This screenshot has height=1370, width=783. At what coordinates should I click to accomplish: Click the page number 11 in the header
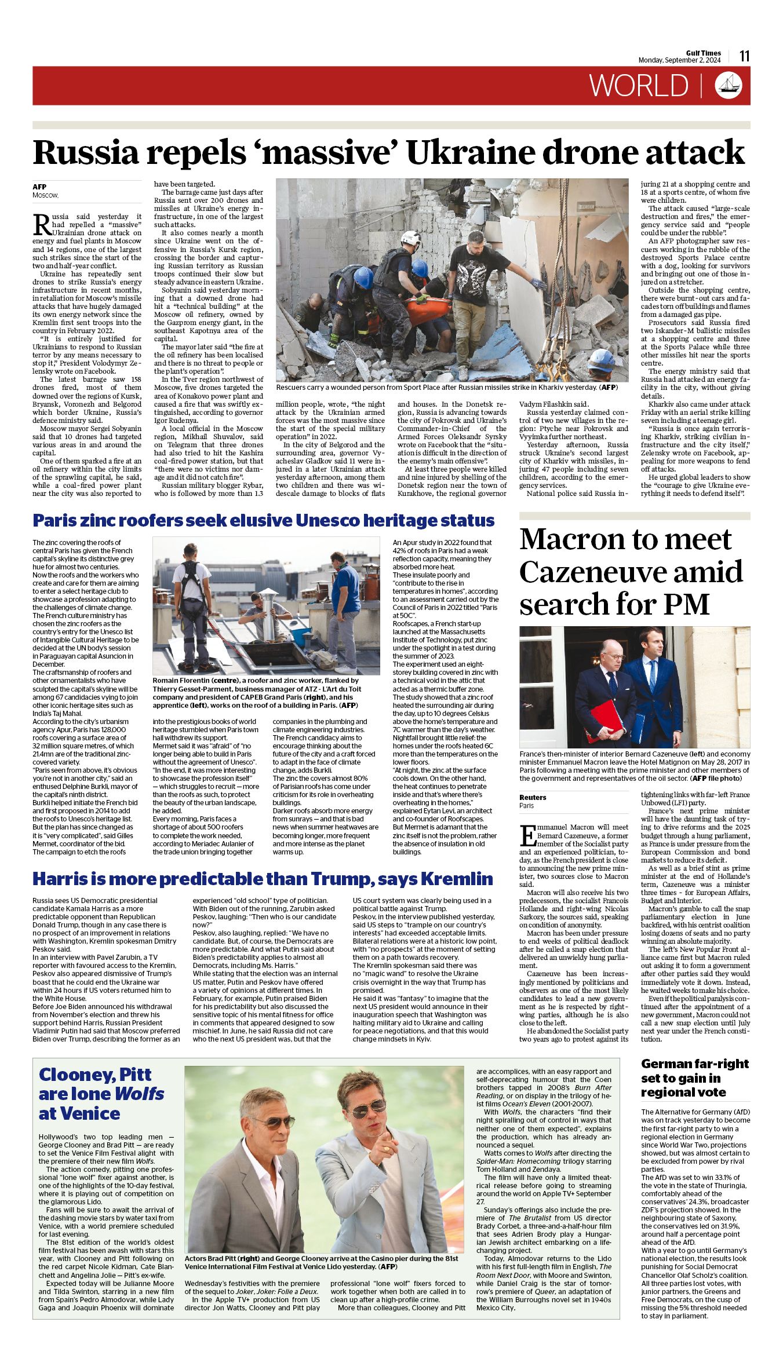(x=744, y=56)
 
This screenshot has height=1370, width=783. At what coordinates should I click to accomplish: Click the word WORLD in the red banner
(x=639, y=86)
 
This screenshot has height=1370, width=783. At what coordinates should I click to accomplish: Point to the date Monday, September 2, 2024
(x=679, y=60)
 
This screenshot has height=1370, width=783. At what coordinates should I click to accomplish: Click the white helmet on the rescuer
(x=411, y=238)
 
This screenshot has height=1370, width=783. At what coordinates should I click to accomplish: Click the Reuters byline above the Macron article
(x=533, y=797)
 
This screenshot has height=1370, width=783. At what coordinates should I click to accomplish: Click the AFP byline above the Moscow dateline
(x=39, y=187)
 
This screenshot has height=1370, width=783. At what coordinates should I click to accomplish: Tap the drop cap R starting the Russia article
(x=41, y=222)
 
